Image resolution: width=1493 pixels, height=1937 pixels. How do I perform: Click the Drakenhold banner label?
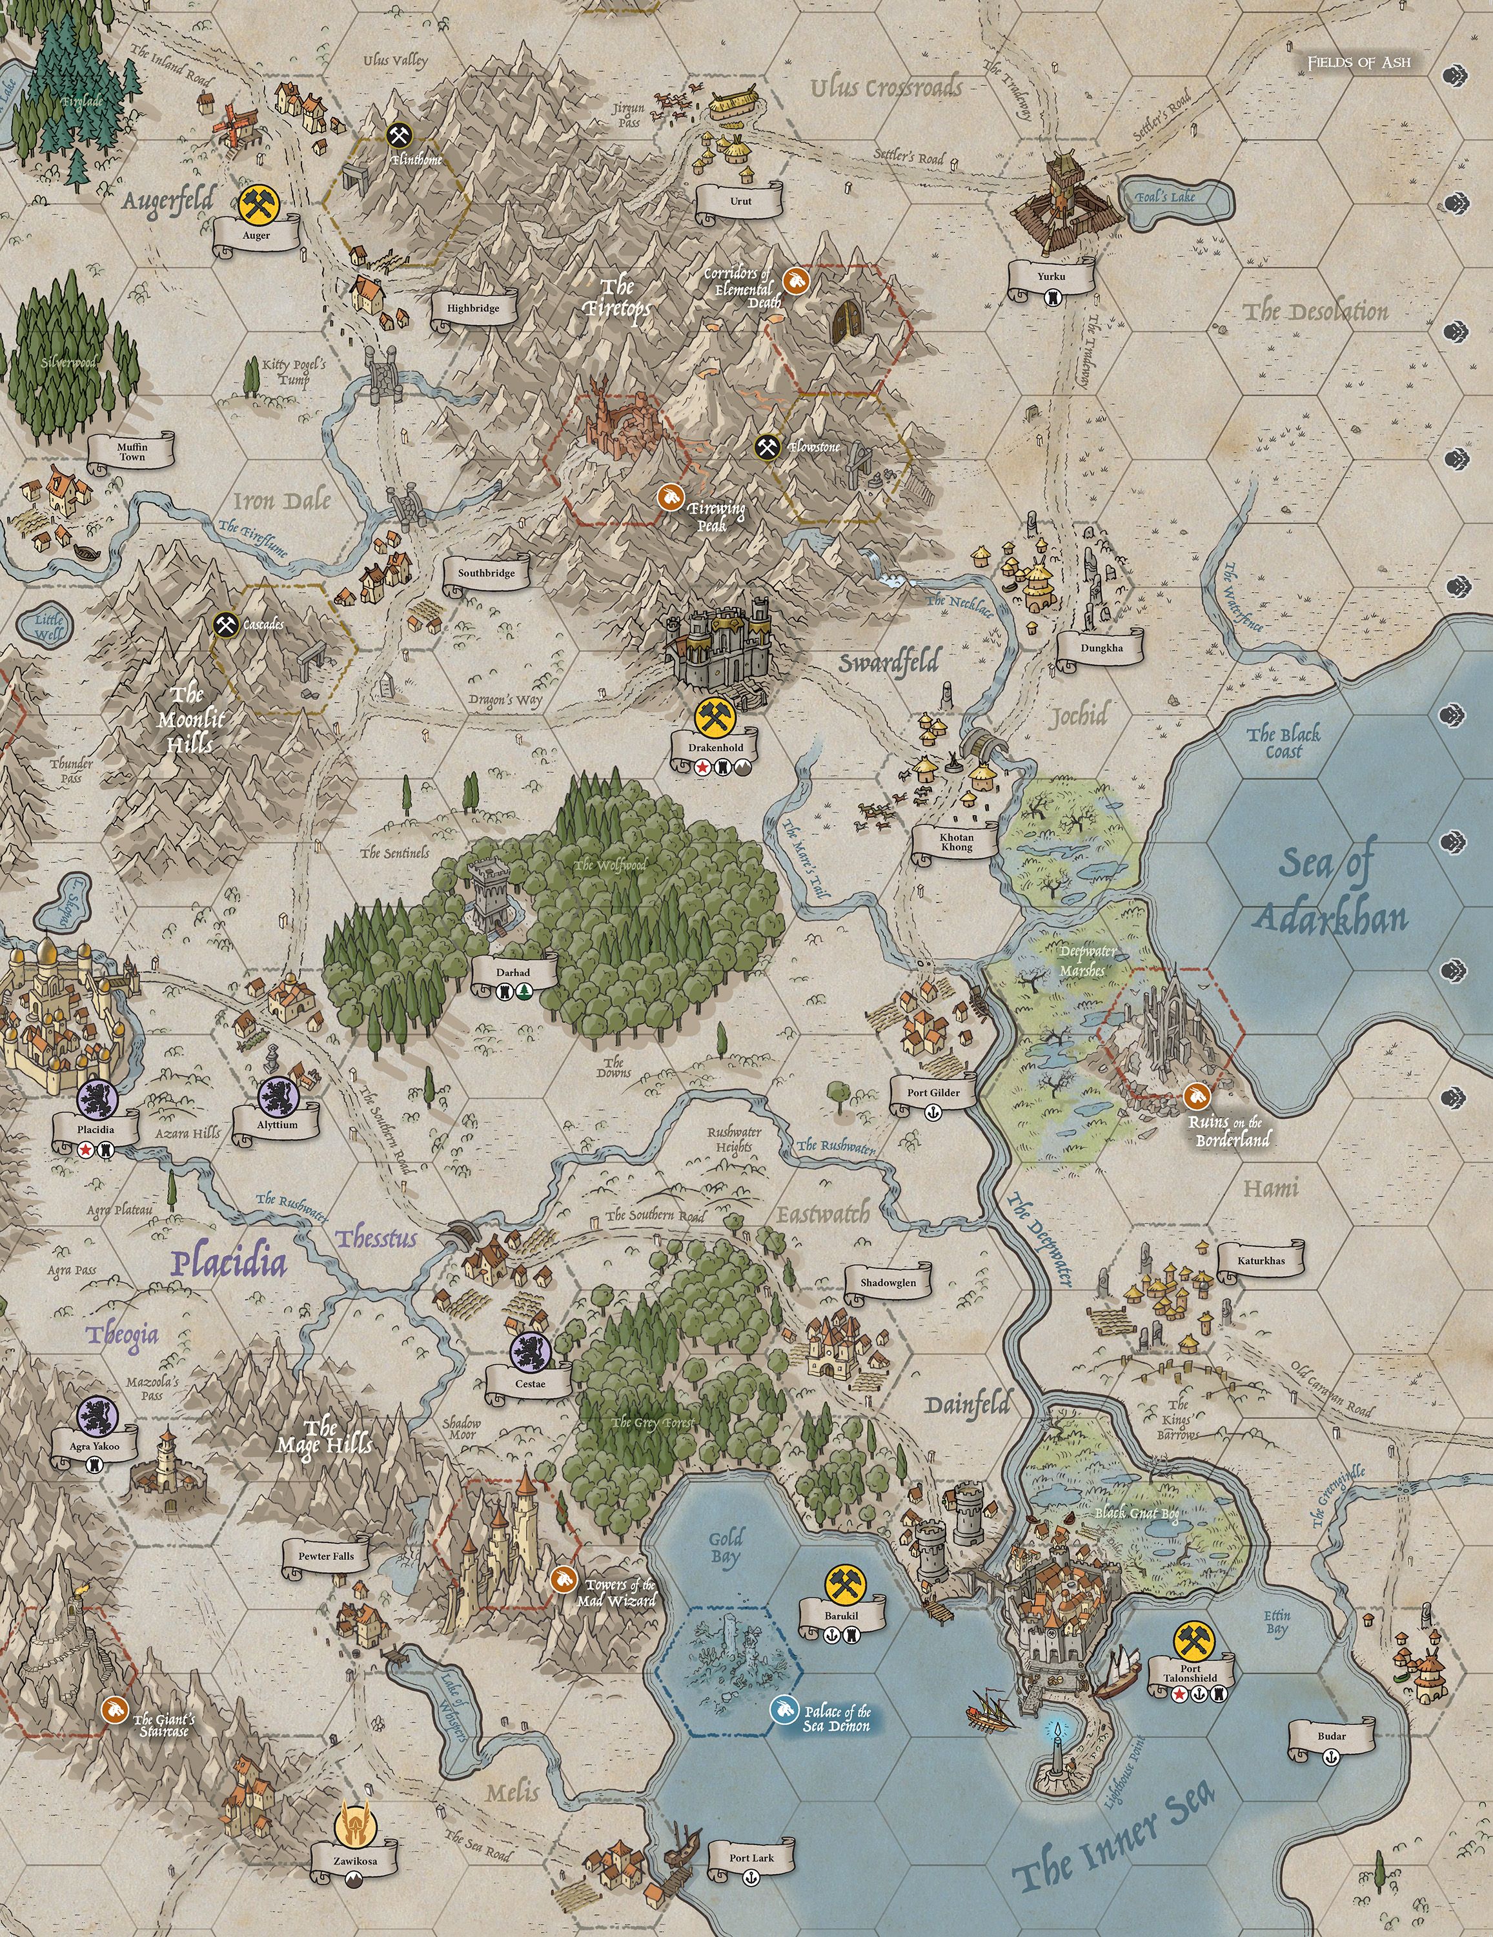[x=715, y=748]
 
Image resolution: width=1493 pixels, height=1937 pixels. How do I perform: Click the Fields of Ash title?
[x=1358, y=63]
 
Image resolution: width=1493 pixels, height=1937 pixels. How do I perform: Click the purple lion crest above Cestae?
[x=530, y=1351]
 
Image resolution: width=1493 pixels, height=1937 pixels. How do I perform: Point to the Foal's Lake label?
[x=1170, y=196]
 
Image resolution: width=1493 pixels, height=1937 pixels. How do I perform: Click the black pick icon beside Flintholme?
[x=398, y=135]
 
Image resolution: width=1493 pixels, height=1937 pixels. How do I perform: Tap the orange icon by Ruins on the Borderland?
[x=1197, y=1097]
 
